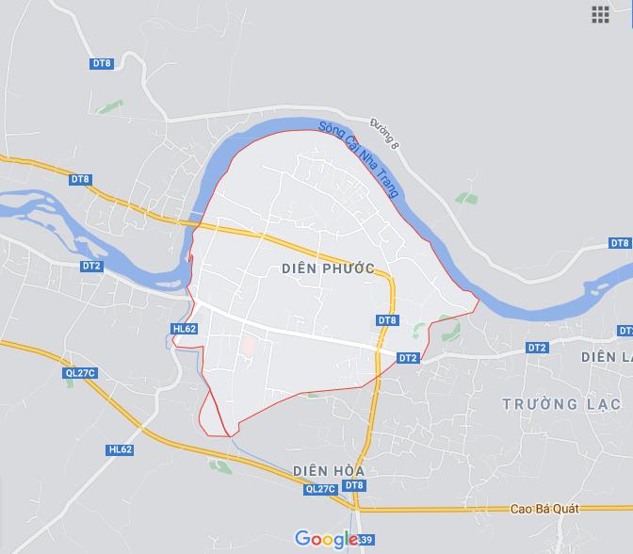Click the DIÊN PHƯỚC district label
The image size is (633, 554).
point(328,269)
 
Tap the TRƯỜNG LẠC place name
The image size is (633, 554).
point(561,404)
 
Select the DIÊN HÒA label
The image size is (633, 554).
point(328,470)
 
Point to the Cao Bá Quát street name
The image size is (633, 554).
point(544,509)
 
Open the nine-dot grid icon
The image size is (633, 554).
point(600,13)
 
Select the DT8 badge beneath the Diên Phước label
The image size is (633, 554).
point(387,320)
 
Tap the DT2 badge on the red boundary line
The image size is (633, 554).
point(407,358)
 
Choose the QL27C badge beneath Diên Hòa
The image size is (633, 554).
point(320,489)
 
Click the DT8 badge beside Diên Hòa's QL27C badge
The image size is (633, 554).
point(353,485)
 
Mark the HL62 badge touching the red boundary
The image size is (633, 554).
point(185,329)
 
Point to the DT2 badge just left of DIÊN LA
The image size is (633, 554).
point(537,348)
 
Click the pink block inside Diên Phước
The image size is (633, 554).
point(249,346)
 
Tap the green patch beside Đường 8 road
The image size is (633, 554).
point(466,199)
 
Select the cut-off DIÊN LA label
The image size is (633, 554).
point(606,357)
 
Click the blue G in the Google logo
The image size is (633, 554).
point(302,538)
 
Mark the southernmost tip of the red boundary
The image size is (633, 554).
point(229,436)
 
